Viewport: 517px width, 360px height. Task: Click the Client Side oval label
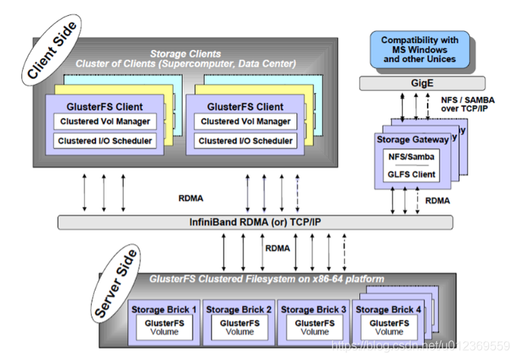pyautogui.click(x=52, y=50)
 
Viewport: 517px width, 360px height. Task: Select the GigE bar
pyautogui.click(x=422, y=83)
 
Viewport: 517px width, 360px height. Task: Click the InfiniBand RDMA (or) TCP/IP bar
pyautogui.click(x=255, y=222)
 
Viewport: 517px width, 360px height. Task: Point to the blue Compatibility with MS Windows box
pyautogui.click(x=420, y=50)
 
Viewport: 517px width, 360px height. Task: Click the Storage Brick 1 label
pyautogui.click(x=164, y=309)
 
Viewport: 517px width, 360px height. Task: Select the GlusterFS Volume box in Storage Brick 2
pyautogui.click(x=240, y=327)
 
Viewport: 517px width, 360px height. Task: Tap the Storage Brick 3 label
pyautogui.click(x=314, y=309)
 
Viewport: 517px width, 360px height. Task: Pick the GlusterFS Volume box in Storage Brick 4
pyautogui.click(x=389, y=327)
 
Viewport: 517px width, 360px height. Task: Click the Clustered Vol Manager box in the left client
pyautogui.click(x=105, y=121)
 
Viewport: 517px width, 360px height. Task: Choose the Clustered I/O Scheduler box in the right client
pyautogui.click(x=246, y=141)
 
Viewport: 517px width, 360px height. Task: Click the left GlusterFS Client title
pyautogui.click(x=105, y=107)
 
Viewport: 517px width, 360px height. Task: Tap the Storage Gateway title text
pyautogui.click(x=413, y=139)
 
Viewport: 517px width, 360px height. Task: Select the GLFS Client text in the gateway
pyautogui.click(x=412, y=174)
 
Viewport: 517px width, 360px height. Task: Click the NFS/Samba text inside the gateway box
pyautogui.click(x=412, y=157)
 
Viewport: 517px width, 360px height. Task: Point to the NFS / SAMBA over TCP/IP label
pyautogui.click(x=468, y=104)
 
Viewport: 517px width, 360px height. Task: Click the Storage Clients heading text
pyautogui.click(x=186, y=54)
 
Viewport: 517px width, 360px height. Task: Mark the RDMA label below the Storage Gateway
pyautogui.click(x=437, y=201)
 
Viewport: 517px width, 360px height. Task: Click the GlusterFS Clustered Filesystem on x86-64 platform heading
pyautogui.click(x=267, y=279)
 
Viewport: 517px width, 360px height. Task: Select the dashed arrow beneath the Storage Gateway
pyautogui.click(x=418, y=201)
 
